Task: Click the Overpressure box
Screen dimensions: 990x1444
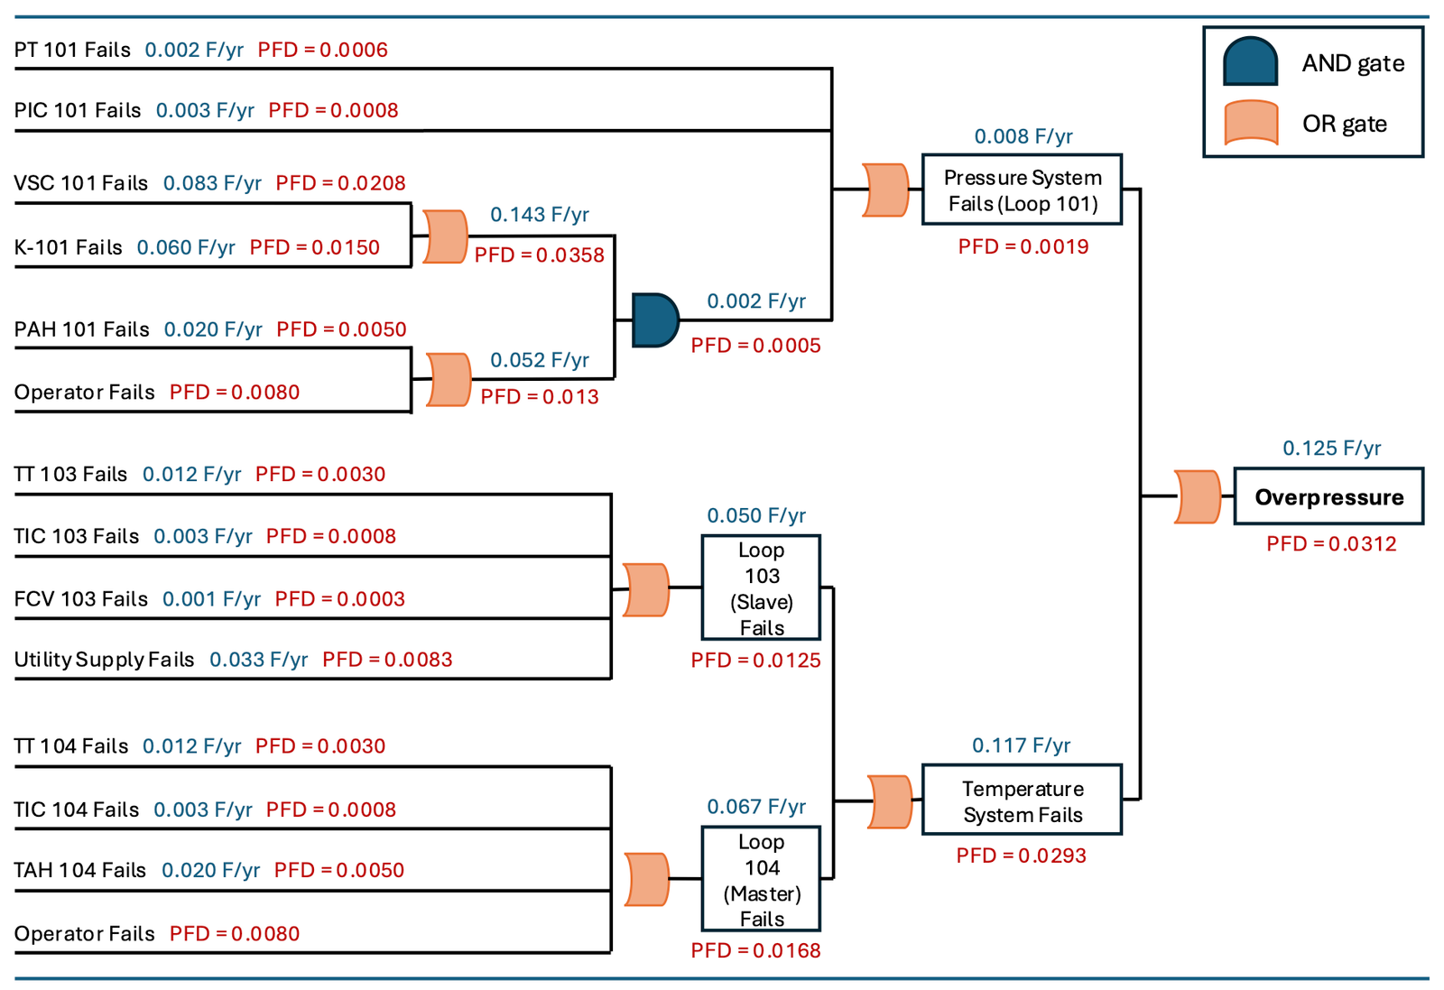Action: point(1328,496)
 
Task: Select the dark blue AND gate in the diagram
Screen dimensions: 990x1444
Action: point(654,320)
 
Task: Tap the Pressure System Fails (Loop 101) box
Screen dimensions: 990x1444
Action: point(1022,190)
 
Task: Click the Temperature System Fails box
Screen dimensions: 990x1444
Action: point(1022,800)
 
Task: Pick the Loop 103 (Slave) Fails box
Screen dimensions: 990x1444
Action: point(761,588)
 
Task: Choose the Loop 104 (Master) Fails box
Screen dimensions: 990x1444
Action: point(761,879)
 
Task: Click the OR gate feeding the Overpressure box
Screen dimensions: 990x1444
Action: point(1198,496)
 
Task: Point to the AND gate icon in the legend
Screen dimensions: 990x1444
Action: point(1250,62)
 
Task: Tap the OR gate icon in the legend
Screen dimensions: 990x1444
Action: point(1250,123)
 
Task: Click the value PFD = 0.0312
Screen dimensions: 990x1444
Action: point(1331,544)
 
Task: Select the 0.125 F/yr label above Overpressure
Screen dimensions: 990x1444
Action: point(1331,449)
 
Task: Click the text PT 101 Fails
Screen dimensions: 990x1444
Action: point(72,50)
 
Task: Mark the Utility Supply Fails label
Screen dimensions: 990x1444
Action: point(104,660)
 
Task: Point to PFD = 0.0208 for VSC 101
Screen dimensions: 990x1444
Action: point(340,183)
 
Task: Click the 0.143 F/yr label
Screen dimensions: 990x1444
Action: point(539,215)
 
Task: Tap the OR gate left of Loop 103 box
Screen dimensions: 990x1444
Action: point(646,590)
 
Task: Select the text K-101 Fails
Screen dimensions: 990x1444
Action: point(68,247)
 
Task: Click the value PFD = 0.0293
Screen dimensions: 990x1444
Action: point(1021,856)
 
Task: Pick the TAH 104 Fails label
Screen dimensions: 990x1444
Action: point(79,870)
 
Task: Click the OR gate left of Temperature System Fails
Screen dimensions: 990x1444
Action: point(890,801)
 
